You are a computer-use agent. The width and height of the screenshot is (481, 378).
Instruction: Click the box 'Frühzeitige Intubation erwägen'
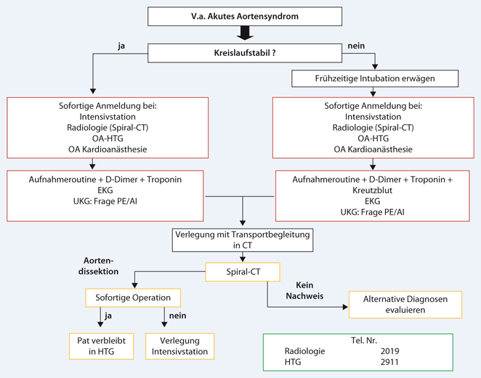pos(375,78)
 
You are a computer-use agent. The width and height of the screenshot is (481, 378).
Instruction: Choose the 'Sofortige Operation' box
pos(132,297)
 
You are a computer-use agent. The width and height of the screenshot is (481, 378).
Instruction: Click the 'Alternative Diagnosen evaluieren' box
pos(405,304)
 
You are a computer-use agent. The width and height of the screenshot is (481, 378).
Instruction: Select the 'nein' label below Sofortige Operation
pos(177,316)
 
